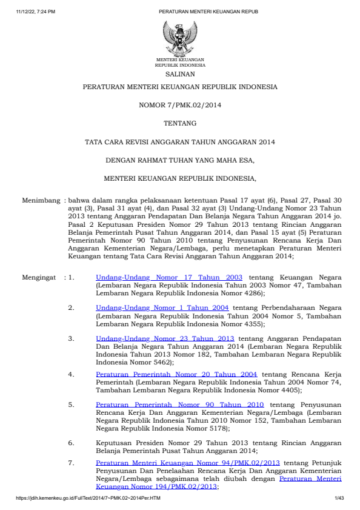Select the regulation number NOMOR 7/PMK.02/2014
point(179,105)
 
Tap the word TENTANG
point(179,123)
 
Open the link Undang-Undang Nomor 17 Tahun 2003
point(169,277)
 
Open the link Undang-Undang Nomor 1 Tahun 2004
point(162,307)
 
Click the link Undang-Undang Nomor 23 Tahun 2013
point(165,338)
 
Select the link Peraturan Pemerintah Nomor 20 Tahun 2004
point(176,374)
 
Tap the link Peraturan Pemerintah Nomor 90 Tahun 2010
point(179,404)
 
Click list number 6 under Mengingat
point(71,443)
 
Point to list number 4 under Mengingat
point(71,374)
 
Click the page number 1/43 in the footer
point(339,498)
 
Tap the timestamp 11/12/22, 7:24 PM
point(36,12)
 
